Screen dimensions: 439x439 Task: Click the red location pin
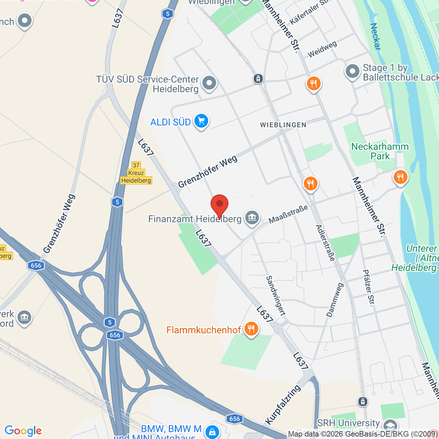(219, 205)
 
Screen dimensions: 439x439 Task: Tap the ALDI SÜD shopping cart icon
(201, 121)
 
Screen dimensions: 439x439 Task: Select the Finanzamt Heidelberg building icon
(252, 218)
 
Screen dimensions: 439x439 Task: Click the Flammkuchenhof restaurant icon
(251, 329)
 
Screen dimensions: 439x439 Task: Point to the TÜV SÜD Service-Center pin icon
(209, 83)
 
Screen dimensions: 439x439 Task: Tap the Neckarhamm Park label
(380, 151)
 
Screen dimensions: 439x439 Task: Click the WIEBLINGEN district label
(283, 125)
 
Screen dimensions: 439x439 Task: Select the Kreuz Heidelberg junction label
(136, 177)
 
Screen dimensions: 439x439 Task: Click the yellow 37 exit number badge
(136, 165)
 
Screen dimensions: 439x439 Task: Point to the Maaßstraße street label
(288, 214)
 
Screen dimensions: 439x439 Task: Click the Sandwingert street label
(275, 296)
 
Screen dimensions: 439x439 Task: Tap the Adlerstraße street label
(325, 243)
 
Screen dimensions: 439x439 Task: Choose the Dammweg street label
(335, 300)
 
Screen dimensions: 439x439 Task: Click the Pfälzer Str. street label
(369, 288)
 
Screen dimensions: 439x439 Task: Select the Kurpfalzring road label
(283, 405)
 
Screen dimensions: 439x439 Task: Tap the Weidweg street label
(322, 49)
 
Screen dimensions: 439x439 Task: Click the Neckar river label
(375, 37)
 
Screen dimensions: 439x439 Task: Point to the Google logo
(23, 431)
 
